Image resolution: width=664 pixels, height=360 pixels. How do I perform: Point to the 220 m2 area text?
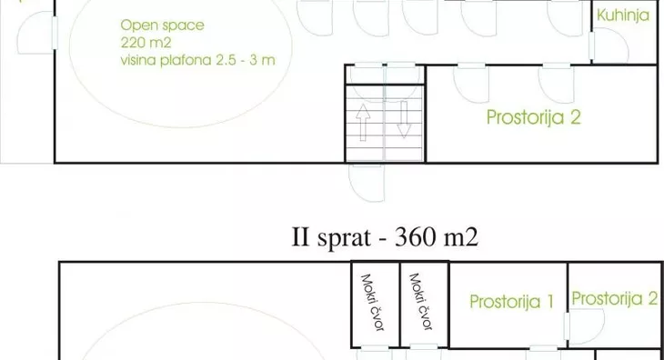139,42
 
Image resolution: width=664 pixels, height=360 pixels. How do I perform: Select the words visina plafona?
168,61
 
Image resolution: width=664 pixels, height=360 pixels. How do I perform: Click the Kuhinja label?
621,15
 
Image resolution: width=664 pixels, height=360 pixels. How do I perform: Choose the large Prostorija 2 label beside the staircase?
533,116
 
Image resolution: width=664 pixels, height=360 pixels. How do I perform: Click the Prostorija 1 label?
511,302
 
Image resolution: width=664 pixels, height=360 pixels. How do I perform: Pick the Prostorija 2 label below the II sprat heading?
615,298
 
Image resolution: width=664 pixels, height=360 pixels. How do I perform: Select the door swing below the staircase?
367,184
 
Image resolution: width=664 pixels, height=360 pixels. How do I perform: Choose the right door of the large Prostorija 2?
554,84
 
